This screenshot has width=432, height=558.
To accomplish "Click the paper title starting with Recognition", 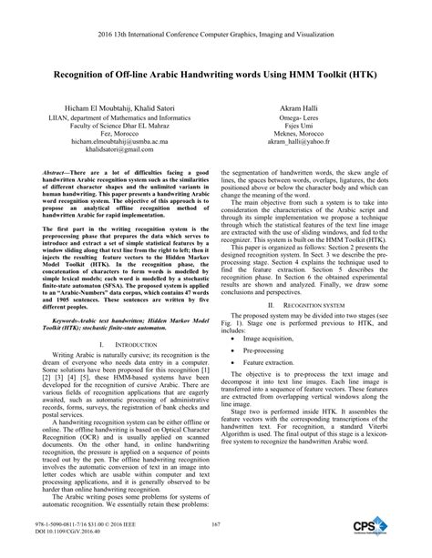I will coord(216,70).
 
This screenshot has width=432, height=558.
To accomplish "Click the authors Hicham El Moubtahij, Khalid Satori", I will coord(117,107).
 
